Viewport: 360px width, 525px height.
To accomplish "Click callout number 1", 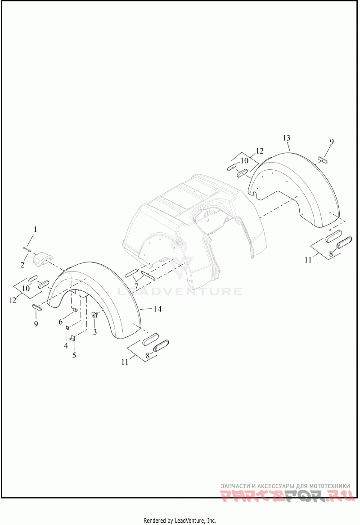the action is (x=35, y=229).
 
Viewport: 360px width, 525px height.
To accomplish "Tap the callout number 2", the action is (x=22, y=265).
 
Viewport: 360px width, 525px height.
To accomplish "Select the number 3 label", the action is (x=95, y=332).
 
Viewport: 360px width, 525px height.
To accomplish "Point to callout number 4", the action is (x=66, y=345).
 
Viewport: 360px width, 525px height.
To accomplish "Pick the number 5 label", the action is (x=74, y=355).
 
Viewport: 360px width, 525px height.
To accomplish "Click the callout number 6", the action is (x=61, y=322).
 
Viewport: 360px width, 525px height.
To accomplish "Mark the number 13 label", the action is (x=286, y=138).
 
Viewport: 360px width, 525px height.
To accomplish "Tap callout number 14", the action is (x=157, y=309).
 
